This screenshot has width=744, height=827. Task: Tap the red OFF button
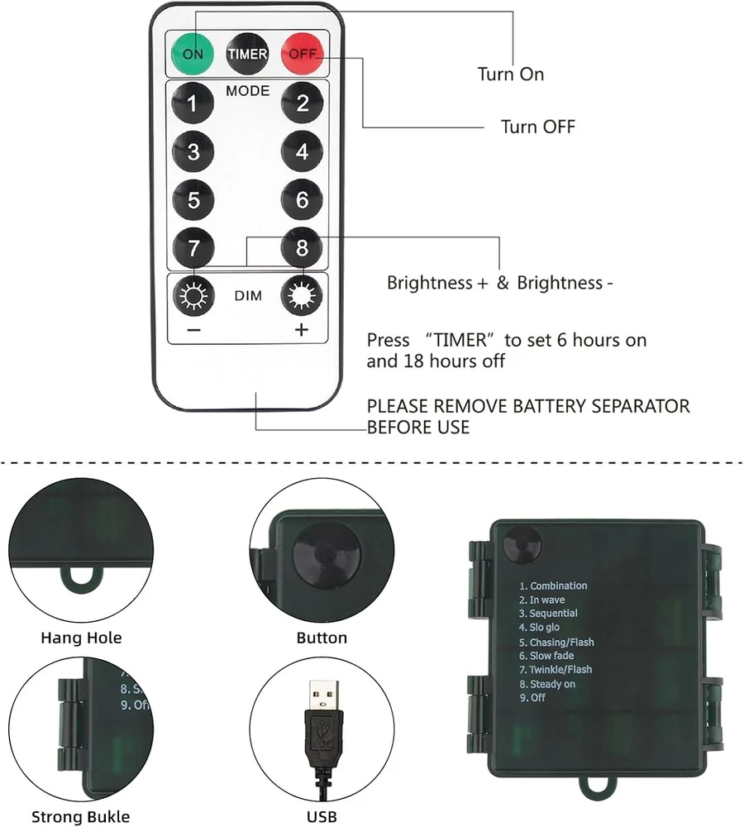point(301,54)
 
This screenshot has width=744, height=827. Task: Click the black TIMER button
point(247,54)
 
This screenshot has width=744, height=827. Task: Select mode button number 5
point(193,200)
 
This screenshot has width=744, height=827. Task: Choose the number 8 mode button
point(302,247)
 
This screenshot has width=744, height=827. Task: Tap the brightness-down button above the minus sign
point(193,295)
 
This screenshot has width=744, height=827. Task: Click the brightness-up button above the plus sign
point(302,295)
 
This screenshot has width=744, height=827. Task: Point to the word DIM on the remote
point(247,295)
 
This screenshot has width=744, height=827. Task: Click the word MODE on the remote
point(247,90)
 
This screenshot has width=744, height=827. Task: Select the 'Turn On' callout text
point(510,74)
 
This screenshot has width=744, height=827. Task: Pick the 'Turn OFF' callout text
point(537,127)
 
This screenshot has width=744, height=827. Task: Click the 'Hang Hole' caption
point(81,638)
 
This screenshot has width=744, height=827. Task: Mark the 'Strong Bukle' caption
point(81,817)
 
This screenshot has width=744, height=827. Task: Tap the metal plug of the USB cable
point(322,698)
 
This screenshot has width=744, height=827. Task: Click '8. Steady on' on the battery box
point(546,684)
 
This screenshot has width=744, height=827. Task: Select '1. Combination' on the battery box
point(553,586)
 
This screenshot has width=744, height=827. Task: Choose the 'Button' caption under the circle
point(322,638)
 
